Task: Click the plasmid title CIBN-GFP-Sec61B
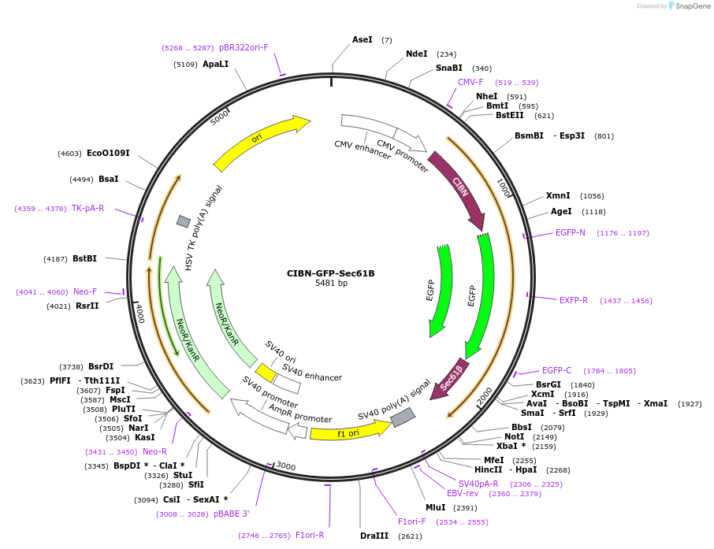tap(330, 273)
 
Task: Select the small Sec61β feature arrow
tap(452, 378)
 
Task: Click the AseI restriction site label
tap(363, 39)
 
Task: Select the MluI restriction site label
tap(435, 507)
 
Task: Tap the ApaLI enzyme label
tap(215, 64)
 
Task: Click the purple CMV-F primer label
tap(470, 82)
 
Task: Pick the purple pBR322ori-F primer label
tap(244, 47)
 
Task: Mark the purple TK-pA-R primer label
tap(87, 208)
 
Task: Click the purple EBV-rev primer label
tap(463, 493)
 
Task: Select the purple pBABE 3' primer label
tap(231, 514)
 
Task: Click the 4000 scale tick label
tap(140, 313)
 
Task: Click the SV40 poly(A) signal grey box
tap(403, 417)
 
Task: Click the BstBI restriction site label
tap(84, 258)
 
